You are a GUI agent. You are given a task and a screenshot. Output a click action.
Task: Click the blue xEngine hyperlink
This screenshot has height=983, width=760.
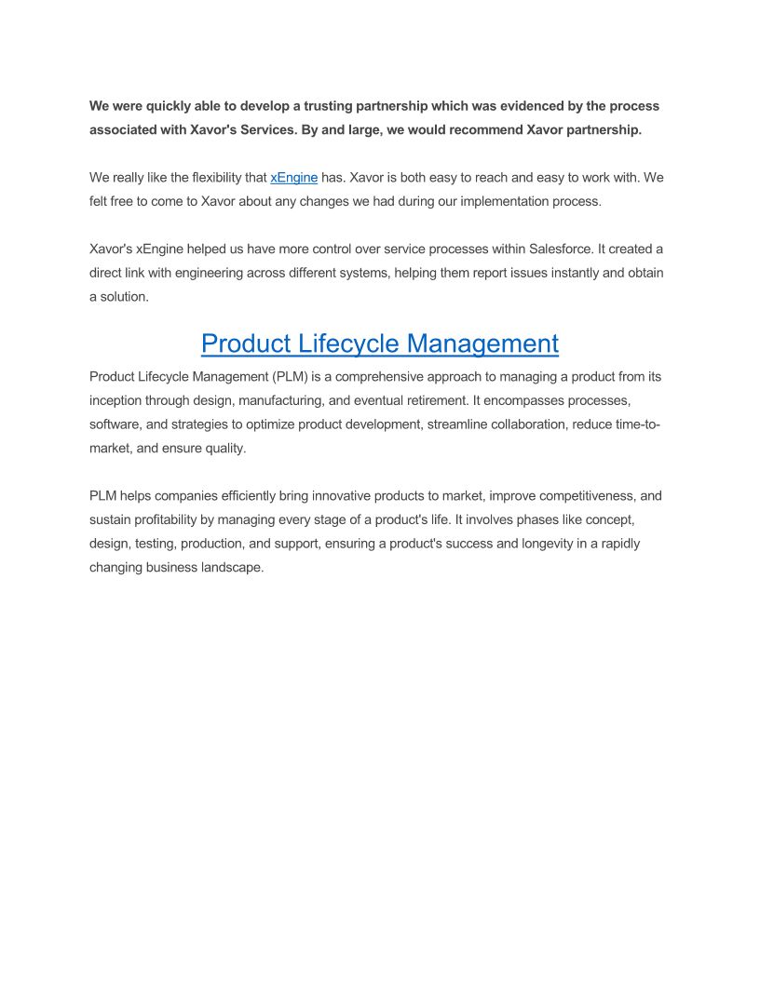pyautogui.click(x=293, y=177)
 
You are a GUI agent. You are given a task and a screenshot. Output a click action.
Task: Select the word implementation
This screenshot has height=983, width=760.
pyautogui.click(x=502, y=201)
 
